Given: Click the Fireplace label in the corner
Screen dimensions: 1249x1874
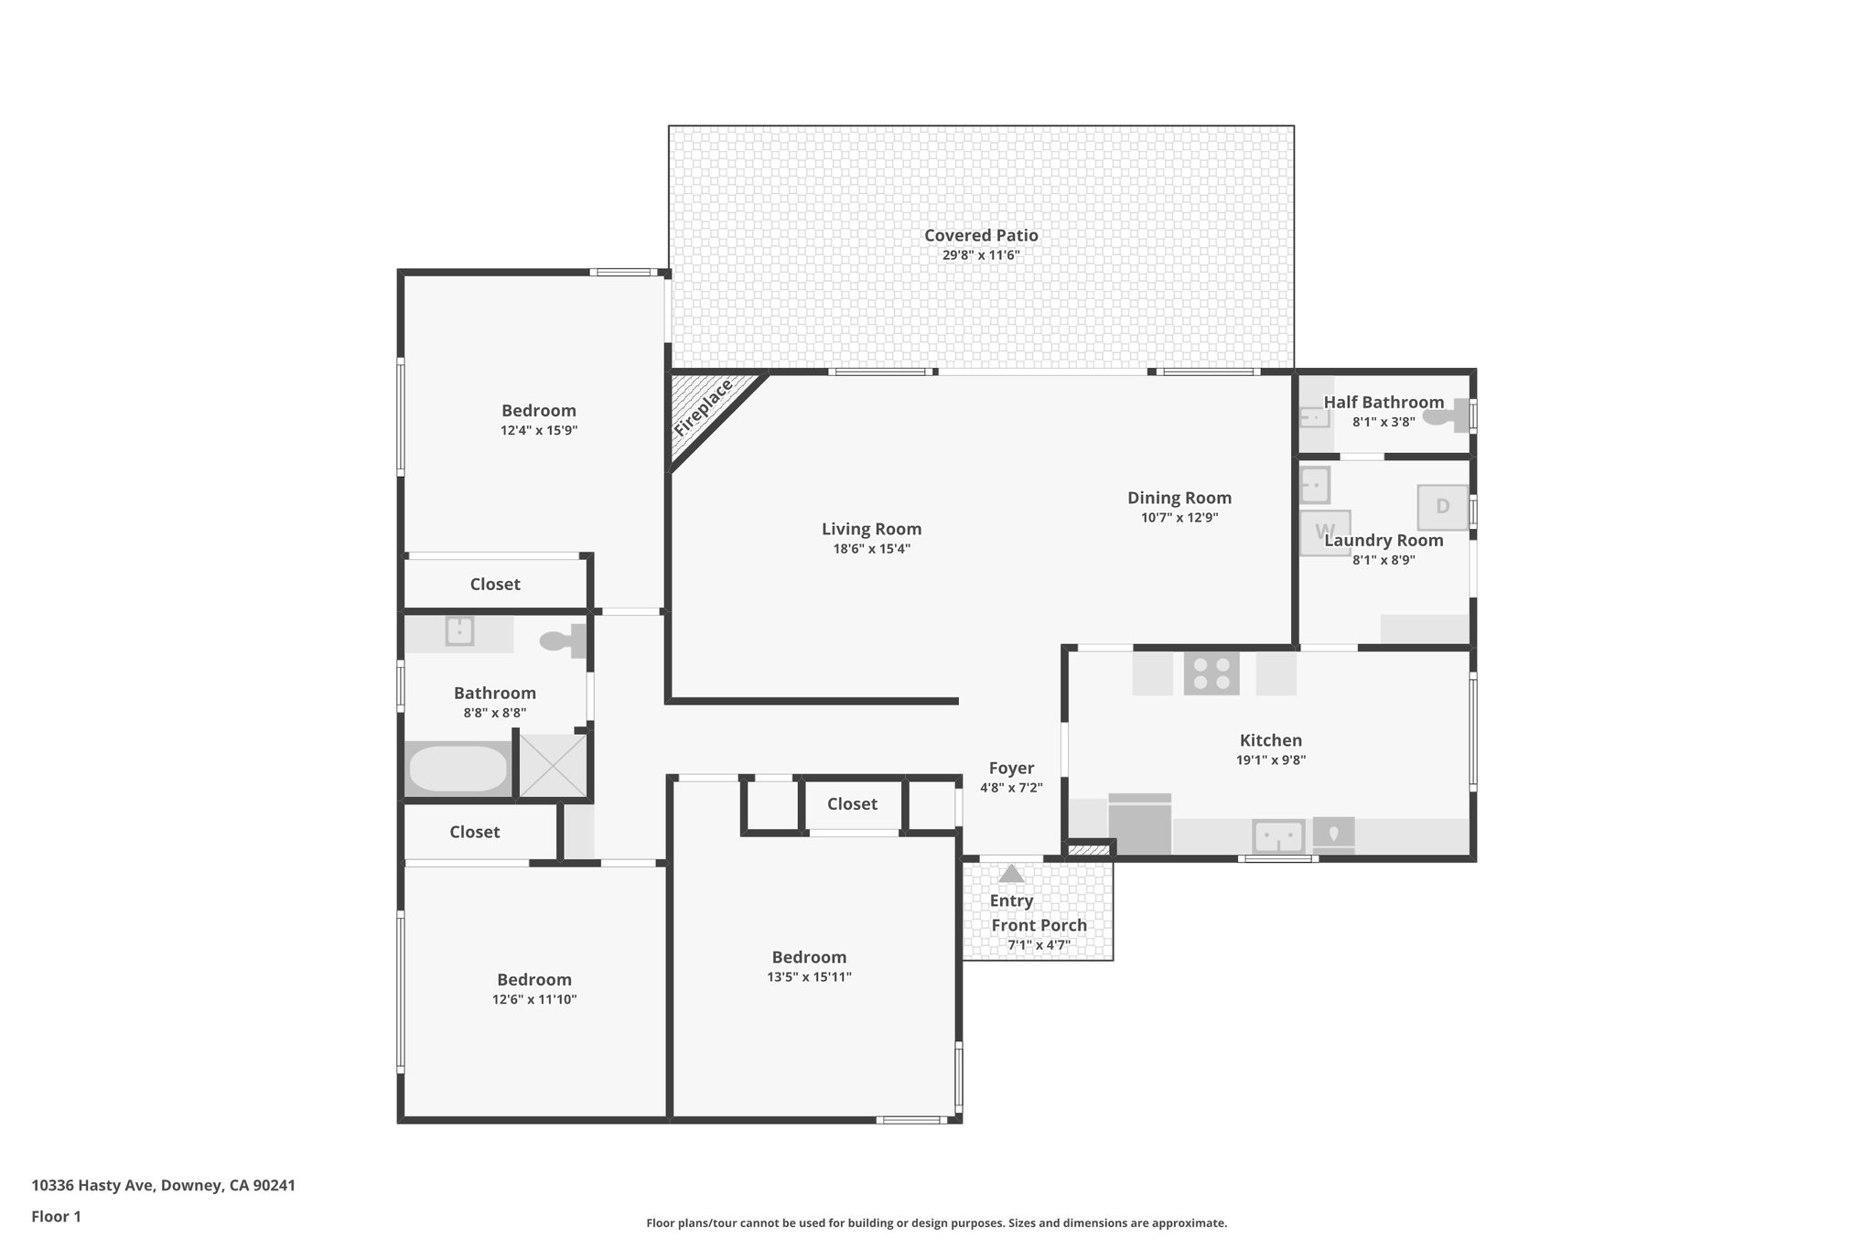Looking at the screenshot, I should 703,408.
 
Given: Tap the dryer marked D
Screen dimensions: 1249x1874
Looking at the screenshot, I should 1442,507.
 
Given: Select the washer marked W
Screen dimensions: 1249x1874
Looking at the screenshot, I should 1325,532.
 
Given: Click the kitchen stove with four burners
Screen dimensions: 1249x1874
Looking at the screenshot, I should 1212,673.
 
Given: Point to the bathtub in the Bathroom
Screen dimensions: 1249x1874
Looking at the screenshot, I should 458,769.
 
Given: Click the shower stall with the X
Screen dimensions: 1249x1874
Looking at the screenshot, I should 552,765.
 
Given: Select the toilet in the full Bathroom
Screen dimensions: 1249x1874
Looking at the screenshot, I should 561,641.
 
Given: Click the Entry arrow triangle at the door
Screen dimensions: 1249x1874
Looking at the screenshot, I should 1011,873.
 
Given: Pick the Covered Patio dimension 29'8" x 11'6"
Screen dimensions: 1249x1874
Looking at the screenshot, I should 981,255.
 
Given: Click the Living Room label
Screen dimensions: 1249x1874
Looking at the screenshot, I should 871,529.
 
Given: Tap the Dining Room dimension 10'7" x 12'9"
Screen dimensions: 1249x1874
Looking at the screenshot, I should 1179,518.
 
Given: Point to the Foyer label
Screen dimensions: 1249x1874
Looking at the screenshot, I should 1011,769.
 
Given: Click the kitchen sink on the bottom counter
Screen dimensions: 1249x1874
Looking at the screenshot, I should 1278,835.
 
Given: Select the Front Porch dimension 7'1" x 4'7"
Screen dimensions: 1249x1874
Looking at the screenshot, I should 1039,945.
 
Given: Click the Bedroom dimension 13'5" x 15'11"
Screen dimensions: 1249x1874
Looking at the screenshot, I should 809,977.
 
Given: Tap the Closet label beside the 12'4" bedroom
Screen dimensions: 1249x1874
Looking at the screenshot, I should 495,584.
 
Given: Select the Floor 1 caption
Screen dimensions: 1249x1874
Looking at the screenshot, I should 56,1217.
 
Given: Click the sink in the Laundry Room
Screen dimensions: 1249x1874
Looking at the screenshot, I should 1314,484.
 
